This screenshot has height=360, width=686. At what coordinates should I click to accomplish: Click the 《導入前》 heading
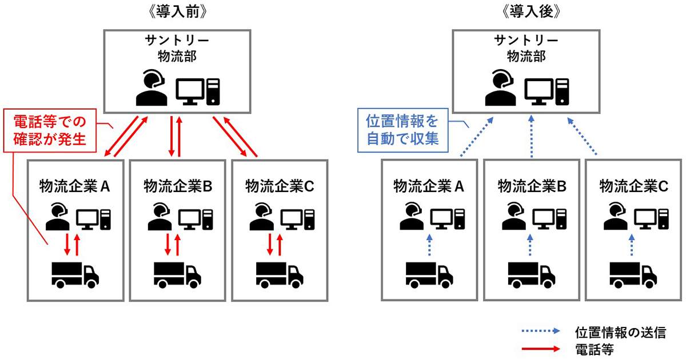(178, 12)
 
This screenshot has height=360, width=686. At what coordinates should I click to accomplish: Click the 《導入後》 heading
(531, 12)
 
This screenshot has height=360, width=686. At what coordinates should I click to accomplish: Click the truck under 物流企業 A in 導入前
(75, 274)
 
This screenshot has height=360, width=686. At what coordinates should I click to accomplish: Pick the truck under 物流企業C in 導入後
(633, 274)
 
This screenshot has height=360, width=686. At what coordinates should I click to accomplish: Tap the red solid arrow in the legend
(543, 349)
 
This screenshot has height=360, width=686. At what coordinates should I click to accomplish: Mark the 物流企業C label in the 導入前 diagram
(280, 186)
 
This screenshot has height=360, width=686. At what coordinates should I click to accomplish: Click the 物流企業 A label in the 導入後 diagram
(429, 186)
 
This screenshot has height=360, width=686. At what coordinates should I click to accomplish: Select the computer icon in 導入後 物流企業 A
(448, 218)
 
